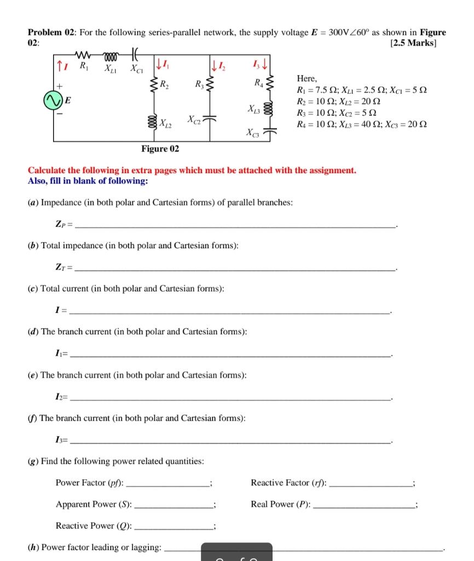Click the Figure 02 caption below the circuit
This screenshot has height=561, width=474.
coord(160,149)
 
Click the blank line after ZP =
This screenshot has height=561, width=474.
coord(235,226)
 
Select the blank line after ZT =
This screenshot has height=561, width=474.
coord(235,269)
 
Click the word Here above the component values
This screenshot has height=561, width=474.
coord(306,79)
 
